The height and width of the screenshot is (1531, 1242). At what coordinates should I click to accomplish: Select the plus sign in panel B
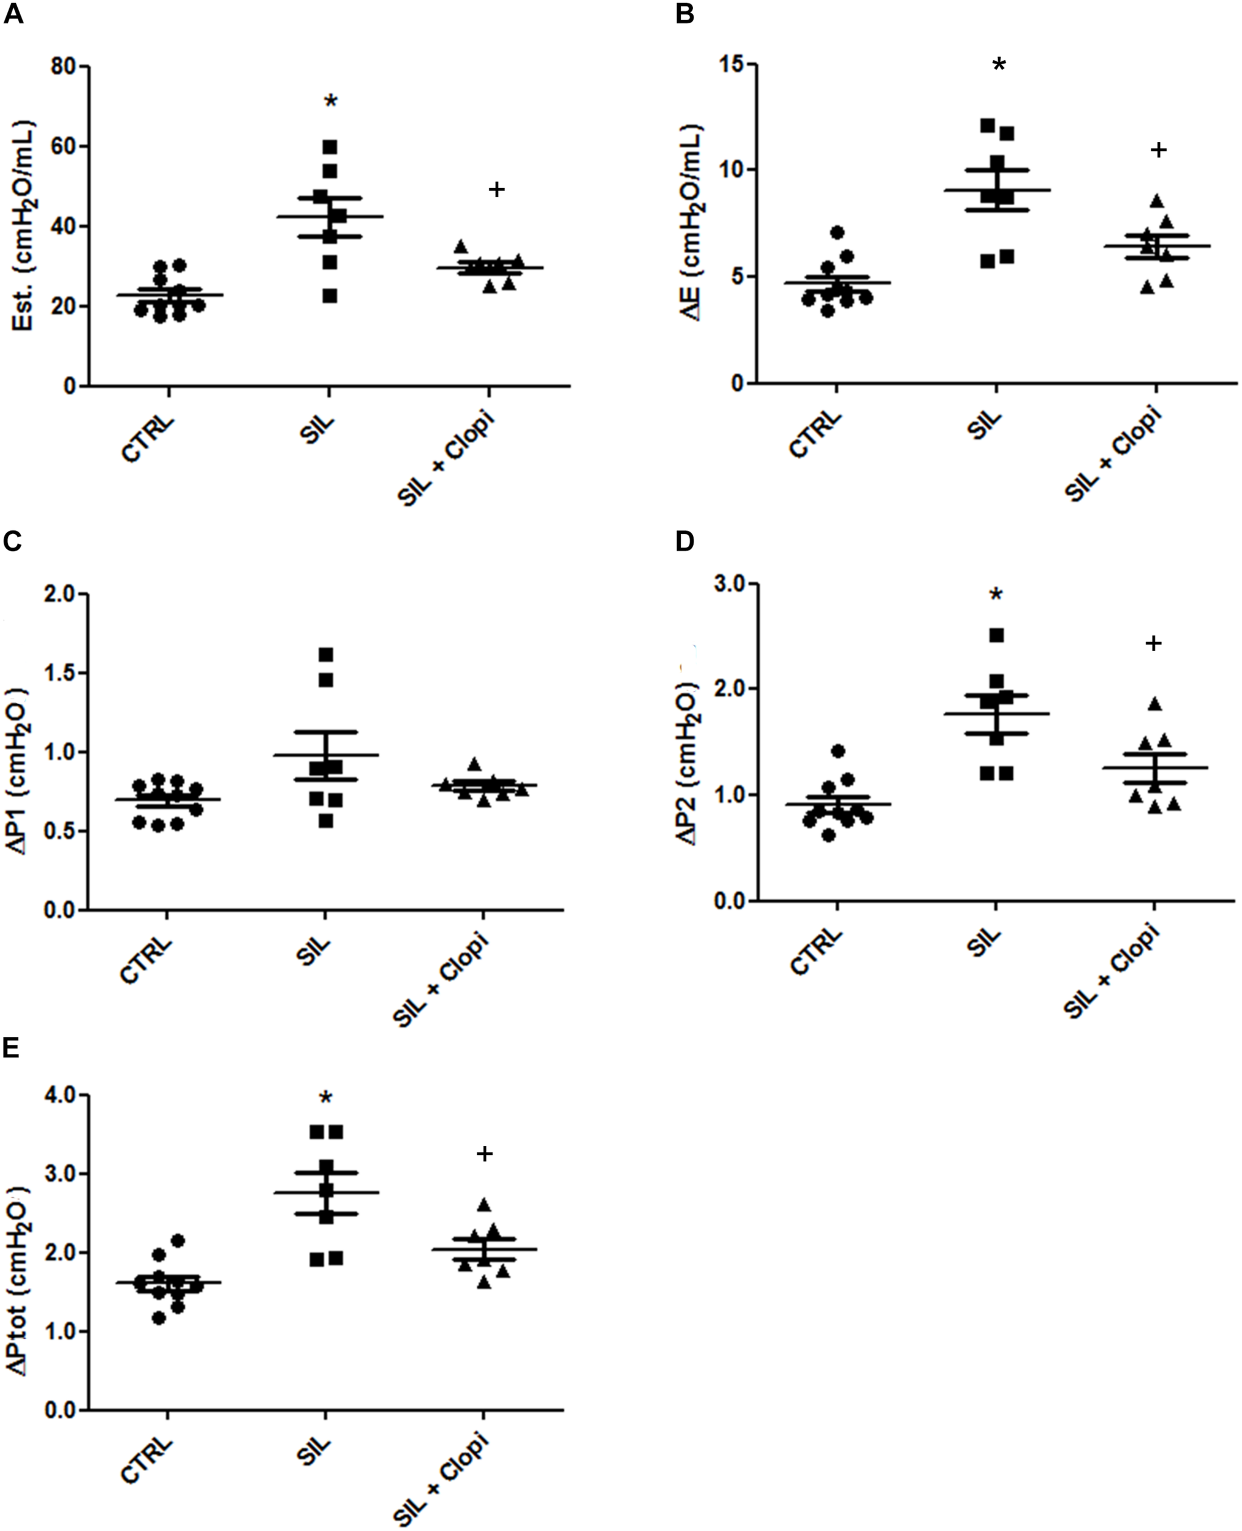click(1158, 149)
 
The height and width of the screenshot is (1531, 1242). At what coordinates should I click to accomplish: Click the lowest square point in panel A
click(329, 296)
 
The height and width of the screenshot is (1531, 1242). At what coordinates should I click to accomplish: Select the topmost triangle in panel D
click(1154, 704)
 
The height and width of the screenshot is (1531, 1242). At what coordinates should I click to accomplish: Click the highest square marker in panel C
click(326, 654)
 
